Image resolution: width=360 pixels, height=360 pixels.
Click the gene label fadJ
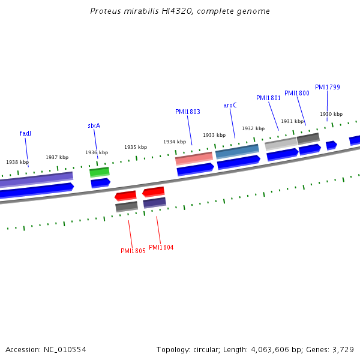coord(25,133)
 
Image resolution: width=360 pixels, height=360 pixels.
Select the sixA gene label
coord(94,125)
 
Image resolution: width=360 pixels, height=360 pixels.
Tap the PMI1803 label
coord(187,112)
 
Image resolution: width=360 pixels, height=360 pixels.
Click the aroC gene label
coord(230,105)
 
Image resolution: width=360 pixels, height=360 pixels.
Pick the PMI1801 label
coord(268,98)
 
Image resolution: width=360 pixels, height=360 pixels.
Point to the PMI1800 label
coord(296,93)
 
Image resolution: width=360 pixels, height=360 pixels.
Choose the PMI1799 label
coord(327,87)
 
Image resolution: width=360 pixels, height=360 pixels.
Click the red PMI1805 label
coord(133,251)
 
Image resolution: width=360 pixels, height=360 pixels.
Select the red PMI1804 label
coord(161,247)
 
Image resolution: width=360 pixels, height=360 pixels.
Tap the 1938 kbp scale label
coord(17,162)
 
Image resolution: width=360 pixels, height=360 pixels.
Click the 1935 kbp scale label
coord(136,147)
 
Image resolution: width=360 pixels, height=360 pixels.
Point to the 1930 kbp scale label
coord(331,114)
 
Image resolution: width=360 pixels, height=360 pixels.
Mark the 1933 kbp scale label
coord(214,135)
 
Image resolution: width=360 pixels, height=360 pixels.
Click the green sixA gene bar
coord(100,172)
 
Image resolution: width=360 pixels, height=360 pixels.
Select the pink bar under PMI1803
coord(194,158)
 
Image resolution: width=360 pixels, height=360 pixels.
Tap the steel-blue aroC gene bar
coord(237,151)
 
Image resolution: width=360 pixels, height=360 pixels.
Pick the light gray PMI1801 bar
coord(281,143)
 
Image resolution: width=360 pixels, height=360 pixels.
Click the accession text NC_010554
coord(46,349)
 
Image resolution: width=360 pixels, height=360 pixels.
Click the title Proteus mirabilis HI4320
coord(180,11)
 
